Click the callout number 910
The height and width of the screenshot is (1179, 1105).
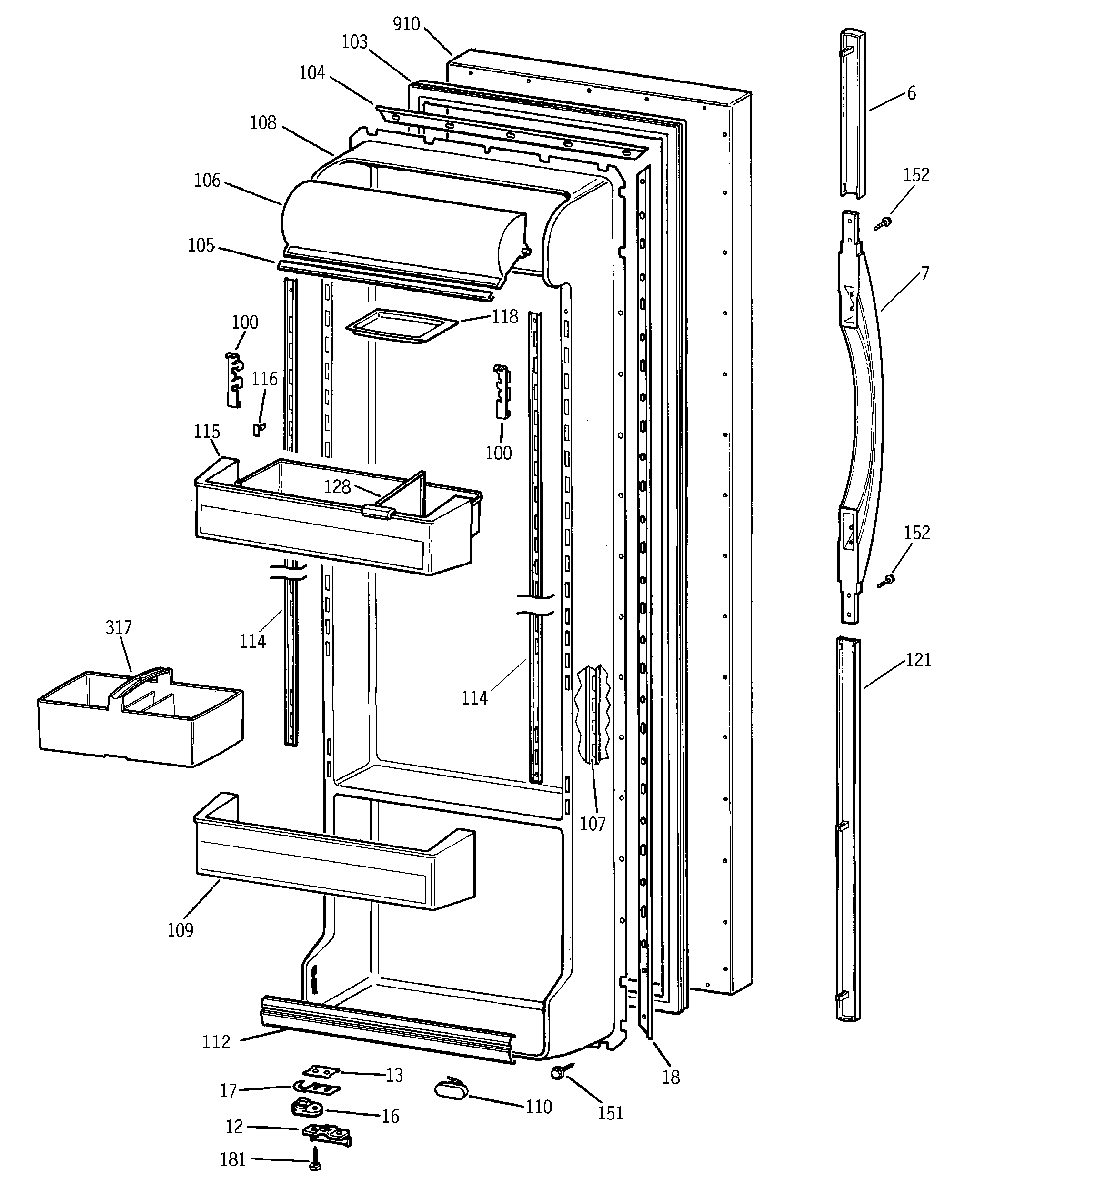click(406, 24)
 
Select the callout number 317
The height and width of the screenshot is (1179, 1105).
click(119, 627)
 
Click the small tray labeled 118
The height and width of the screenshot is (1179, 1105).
click(401, 327)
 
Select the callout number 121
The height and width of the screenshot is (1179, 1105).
click(919, 660)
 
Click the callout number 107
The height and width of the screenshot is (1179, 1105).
click(593, 823)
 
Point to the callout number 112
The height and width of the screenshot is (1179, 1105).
click(216, 1041)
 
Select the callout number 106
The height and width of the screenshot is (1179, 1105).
click(207, 180)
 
